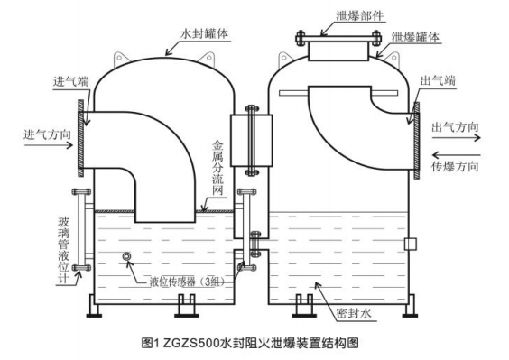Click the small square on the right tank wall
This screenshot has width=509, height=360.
point(411,244)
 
